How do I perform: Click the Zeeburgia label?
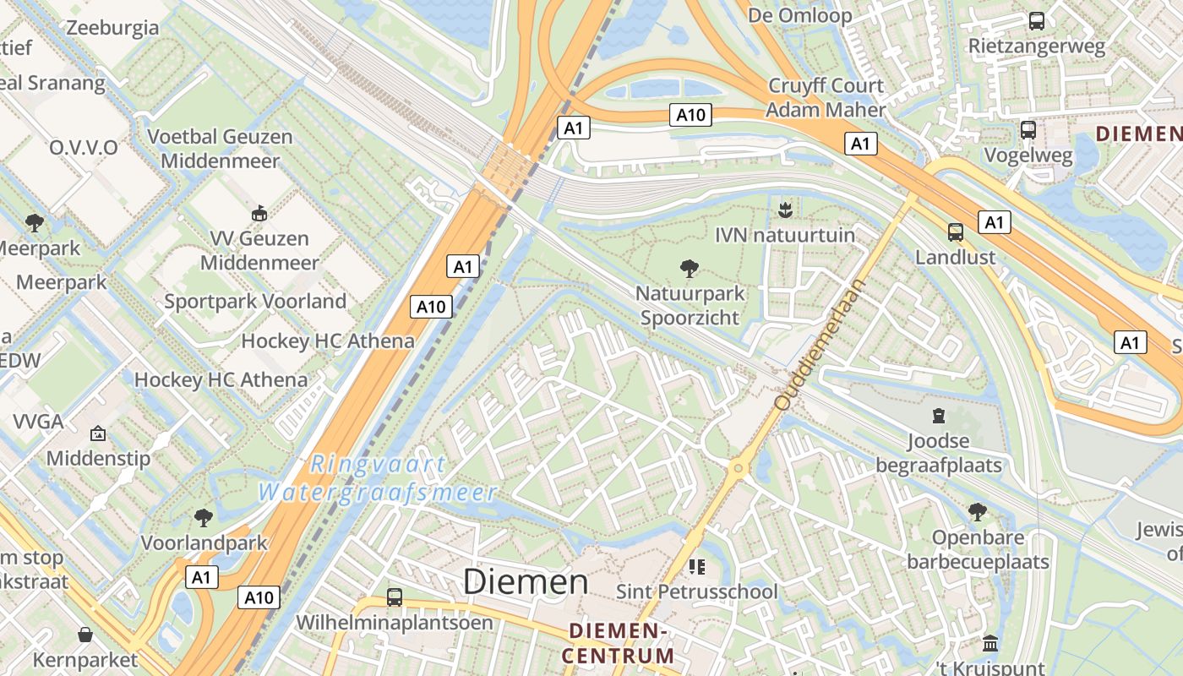(x=112, y=28)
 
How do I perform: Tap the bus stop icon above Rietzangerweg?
(x=1036, y=21)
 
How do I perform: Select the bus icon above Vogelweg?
(x=1028, y=130)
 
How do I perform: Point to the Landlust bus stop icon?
(x=956, y=232)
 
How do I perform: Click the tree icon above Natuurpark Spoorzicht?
(x=690, y=269)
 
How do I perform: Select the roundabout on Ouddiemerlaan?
(x=739, y=467)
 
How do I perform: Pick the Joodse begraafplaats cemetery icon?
(x=938, y=415)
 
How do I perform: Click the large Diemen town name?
(x=526, y=581)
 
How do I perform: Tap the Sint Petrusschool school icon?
(x=696, y=566)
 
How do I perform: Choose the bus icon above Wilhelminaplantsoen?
(x=394, y=597)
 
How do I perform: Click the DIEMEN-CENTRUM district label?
(x=621, y=643)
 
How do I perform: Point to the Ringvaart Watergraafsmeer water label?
(x=378, y=478)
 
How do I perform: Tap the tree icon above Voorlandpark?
(x=203, y=517)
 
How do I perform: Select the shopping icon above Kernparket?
(x=85, y=634)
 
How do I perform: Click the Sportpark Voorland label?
(x=255, y=301)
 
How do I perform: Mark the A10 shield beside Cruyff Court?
(x=690, y=115)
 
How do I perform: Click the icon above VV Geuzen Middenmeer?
(x=259, y=213)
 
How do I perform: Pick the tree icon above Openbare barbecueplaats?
(x=978, y=511)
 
